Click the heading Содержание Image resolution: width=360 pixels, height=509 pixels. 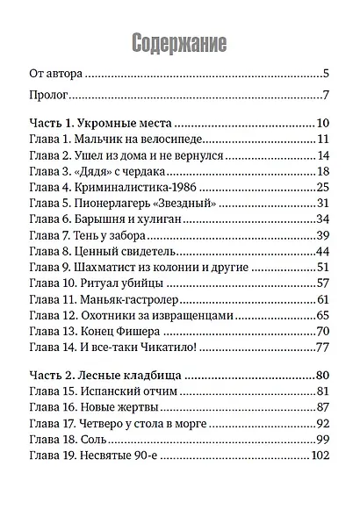(179, 43)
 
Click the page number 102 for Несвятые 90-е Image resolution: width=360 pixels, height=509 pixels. (318, 455)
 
